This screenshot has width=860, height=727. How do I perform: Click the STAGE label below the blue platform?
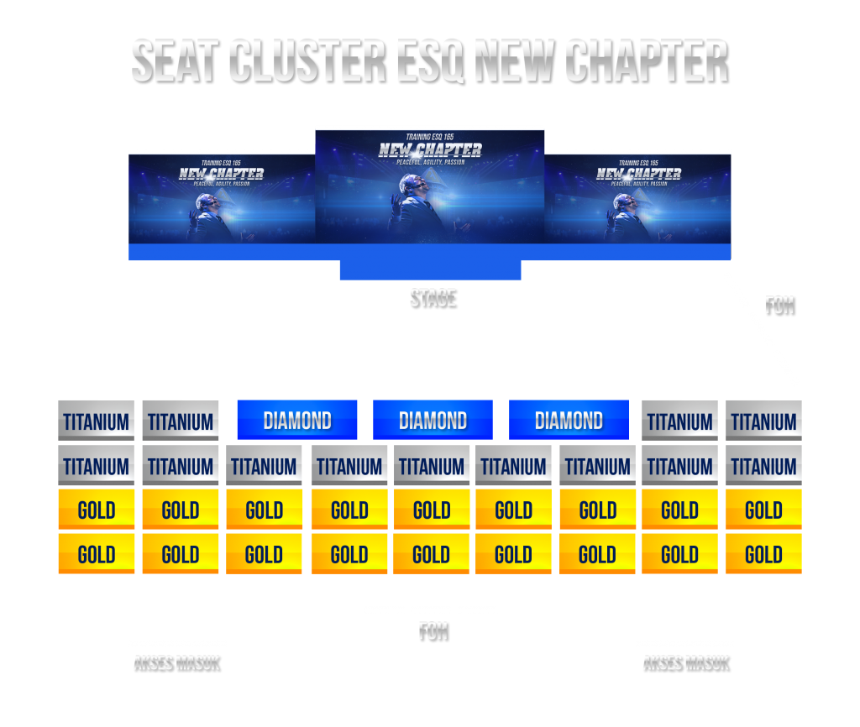click(x=433, y=297)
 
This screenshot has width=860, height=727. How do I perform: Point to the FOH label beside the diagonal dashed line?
click(x=779, y=304)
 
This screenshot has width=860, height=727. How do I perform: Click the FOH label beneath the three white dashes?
click(x=433, y=631)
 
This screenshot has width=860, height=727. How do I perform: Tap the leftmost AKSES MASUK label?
click(x=176, y=663)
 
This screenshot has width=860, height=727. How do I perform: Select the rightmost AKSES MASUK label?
click(x=685, y=663)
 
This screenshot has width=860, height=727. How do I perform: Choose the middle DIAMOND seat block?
click(x=433, y=420)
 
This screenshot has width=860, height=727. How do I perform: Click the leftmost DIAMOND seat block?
click(x=297, y=420)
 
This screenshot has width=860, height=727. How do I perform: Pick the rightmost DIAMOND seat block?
click(x=569, y=420)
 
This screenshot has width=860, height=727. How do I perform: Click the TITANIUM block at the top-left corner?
click(x=97, y=421)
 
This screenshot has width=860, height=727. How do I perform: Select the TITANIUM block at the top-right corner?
click(x=763, y=421)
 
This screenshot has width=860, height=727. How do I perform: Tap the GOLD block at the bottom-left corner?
click(x=97, y=554)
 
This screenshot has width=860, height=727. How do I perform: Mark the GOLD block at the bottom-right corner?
click(x=763, y=554)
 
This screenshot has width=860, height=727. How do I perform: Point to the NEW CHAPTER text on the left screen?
click(x=221, y=174)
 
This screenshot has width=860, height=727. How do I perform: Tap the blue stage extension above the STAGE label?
click(x=430, y=270)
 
